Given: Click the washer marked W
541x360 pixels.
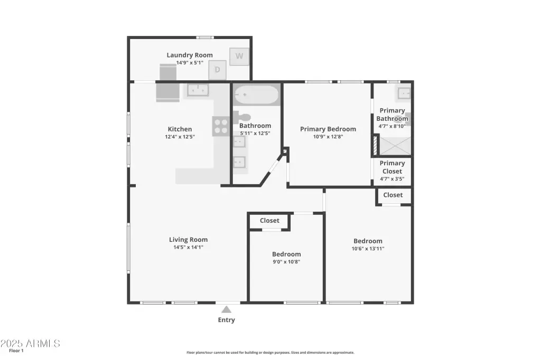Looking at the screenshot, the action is point(239,56).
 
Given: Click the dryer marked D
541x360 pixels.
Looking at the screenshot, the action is point(217,70).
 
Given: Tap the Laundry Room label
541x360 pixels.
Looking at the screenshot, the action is point(190,55).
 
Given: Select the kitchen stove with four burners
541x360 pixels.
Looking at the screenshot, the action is point(221,126).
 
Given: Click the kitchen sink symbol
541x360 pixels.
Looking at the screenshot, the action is point(198,90).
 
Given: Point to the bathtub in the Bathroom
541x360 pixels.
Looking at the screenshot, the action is point(256,94).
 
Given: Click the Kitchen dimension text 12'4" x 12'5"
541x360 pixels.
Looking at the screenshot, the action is point(180,137).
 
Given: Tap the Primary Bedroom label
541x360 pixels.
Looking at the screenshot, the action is point(328,129).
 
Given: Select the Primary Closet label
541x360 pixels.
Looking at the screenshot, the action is point(393,167).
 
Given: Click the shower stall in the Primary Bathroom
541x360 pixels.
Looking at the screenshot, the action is point(395,146).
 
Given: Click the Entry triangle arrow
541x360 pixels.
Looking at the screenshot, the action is point(226,309).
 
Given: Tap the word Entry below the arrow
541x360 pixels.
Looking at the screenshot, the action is point(226,320).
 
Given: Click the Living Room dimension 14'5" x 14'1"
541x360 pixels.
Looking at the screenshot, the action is point(189,247).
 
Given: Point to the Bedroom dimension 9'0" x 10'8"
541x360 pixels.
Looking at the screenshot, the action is point(286,262).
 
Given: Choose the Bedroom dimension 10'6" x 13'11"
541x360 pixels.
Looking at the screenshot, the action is point(368,249).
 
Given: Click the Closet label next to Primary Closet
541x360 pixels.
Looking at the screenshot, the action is point(393,195).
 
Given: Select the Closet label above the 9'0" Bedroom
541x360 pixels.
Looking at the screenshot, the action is point(269,220).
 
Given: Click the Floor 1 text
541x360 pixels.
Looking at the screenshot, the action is point(16,350).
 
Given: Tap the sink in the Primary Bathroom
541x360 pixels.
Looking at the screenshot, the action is point(404,93).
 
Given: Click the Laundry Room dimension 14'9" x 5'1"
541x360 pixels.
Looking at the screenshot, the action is point(190,63).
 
